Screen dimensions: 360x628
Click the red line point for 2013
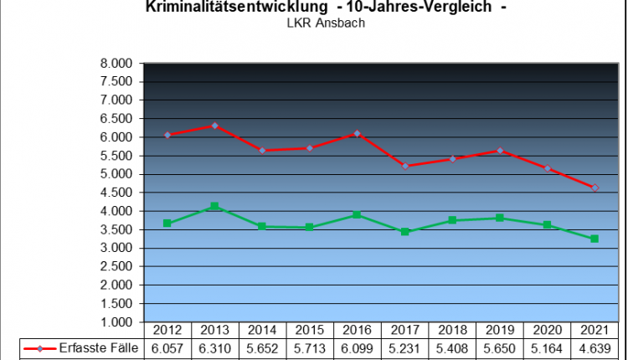215,126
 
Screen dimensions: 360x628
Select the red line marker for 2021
595,188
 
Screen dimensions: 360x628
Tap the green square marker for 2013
215,206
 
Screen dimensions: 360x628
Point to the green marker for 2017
405,231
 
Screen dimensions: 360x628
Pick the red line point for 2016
358,133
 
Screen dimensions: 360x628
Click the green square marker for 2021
595,239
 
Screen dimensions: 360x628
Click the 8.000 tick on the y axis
116,64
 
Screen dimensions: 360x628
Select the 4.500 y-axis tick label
116,193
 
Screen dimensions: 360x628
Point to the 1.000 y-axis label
116,322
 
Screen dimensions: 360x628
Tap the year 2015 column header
310,331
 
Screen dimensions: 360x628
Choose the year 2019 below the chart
500,331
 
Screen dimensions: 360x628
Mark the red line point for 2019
500,151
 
